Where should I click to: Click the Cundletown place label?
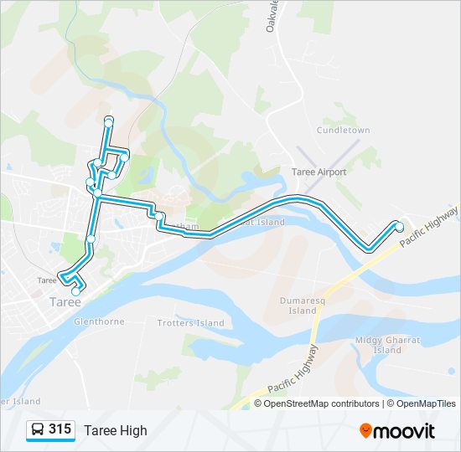343,131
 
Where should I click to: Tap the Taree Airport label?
318,172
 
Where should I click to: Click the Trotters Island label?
191,322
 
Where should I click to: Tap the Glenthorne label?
99,321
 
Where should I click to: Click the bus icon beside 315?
38,430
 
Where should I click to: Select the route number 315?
60,429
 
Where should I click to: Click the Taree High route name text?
115,430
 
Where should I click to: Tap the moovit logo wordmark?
405,431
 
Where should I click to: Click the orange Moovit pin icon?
366,431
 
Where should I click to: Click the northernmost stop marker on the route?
108,123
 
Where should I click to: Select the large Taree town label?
65,301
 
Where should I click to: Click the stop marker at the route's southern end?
76,290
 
